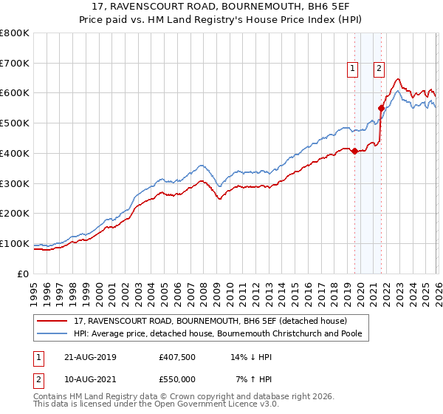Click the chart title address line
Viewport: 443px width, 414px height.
click(x=221, y=8)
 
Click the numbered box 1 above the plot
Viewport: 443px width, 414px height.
click(x=351, y=69)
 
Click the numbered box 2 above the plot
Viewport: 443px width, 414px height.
click(x=379, y=69)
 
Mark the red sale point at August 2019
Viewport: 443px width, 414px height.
click(x=354, y=151)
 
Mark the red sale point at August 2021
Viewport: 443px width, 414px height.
click(x=381, y=108)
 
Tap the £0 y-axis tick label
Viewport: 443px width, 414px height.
click(x=23, y=274)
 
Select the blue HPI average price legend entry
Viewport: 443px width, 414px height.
click(x=221, y=333)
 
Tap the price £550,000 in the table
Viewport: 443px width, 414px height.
click(x=177, y=379)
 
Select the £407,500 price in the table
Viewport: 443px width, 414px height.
click(x=177, y=357)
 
